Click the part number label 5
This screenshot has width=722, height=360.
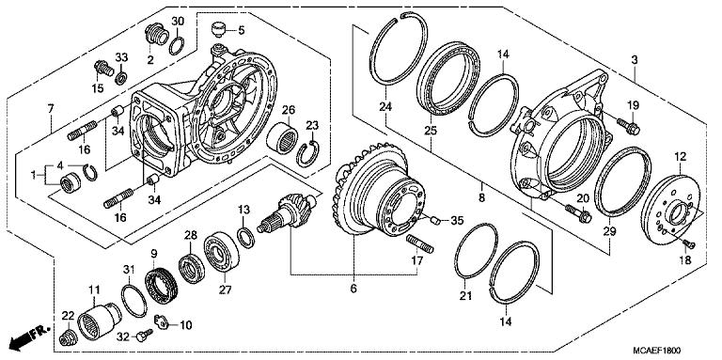coord(242,31)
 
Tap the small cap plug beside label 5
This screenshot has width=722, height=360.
coord(218,29)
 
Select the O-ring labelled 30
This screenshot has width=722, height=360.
coord(177,46)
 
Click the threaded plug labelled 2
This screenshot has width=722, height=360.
coord(155,34)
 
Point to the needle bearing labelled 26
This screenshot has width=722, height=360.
coord(282,136)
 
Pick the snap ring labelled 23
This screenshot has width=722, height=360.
coord(307,154)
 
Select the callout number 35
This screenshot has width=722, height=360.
coord(457,221)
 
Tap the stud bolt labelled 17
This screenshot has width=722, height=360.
coord(420,243)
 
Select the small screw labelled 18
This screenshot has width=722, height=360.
coord(689,243)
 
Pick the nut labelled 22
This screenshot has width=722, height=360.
coord(69,337)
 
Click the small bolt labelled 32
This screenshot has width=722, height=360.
coord(145,335)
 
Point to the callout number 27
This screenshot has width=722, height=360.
coord(226,290)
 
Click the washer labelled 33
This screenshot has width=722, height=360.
coord(121,78)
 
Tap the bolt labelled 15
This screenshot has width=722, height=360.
coord(103,69)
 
